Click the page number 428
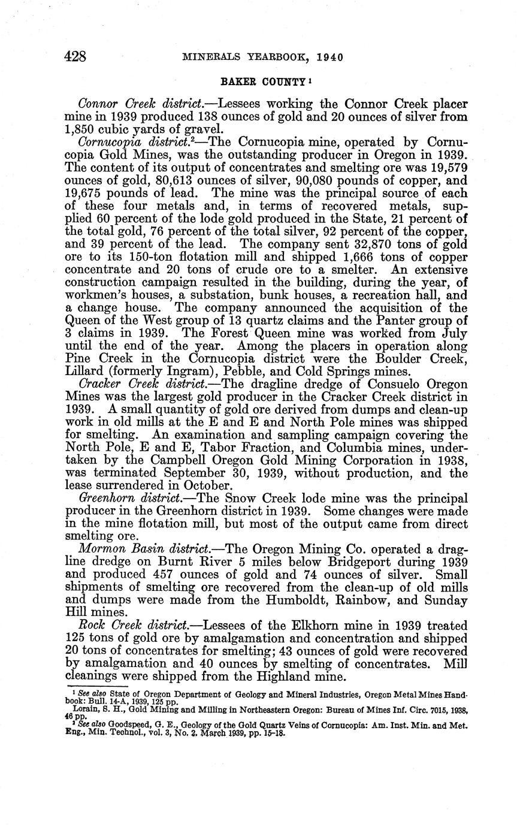point(76,57)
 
